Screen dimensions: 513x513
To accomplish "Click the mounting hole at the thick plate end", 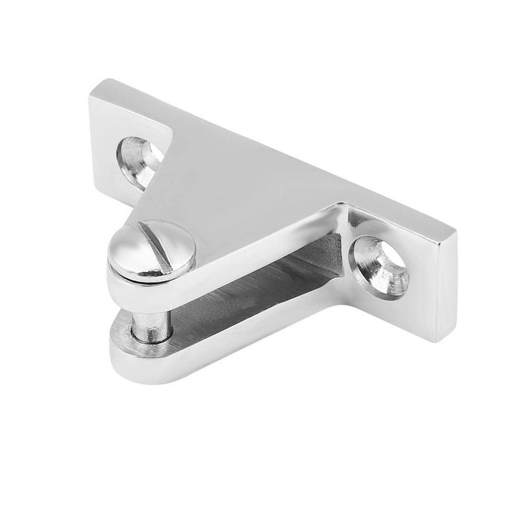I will (380, 262).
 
